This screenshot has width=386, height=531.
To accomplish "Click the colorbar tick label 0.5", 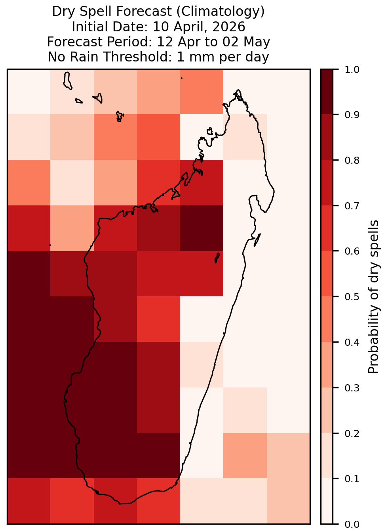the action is pos(352,297).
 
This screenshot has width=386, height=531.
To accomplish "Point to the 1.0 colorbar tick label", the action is pos(352,70).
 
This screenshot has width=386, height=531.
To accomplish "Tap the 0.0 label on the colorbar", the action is pos(352,524).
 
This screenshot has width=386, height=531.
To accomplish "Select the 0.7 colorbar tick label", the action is pos(352,206).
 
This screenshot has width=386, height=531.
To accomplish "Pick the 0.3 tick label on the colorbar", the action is pos(352,388).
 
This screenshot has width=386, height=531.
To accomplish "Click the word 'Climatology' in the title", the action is pos(221,12).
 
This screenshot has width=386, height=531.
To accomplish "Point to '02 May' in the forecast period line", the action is pos(246,42).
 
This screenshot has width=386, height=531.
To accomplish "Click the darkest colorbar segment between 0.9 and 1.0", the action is pos(327,92).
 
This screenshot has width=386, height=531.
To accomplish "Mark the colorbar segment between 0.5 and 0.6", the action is pos(327,274).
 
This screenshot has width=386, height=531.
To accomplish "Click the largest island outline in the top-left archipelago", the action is pos(67,81).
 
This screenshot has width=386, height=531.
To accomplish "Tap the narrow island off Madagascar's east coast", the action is pos(257,240).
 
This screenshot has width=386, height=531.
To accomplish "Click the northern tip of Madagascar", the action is pos(238,90).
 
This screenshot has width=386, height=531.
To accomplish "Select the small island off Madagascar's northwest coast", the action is pos(210,131).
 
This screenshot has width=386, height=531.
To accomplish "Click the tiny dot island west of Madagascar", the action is pos(50,245).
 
